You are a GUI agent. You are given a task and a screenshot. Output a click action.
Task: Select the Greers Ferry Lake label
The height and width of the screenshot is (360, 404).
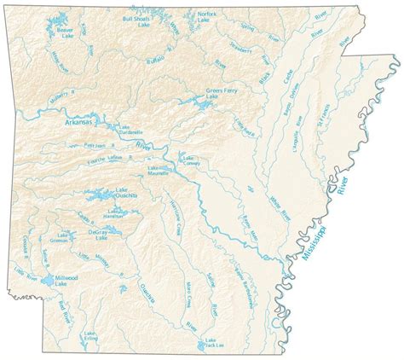(x=220, y=93)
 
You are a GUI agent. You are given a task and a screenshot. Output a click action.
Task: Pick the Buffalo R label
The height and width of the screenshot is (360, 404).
(x=157, y=61)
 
